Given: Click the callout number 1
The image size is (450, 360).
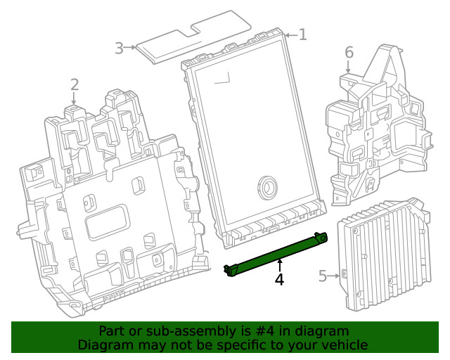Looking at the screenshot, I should click(x=302, y=34).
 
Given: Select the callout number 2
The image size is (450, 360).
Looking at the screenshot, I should click(x=75, y=86).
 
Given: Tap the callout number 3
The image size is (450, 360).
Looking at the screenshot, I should click(x=120, y=48).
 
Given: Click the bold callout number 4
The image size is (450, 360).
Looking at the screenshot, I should click(x=279, y=279).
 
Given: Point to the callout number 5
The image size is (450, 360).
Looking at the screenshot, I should click(x=323, y=276).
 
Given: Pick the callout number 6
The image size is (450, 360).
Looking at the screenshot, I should click(x=348, y=52).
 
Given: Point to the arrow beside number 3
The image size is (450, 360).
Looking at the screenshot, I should click(x=131, y=47).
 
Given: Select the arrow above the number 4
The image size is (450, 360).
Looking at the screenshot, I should click(x=279, y=265).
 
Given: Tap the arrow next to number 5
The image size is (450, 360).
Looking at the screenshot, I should click(x=334, y=276).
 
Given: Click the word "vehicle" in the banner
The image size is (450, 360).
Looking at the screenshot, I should click(x=345, y=345).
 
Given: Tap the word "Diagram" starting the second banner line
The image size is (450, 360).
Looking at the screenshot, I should click(x=102, y=345).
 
